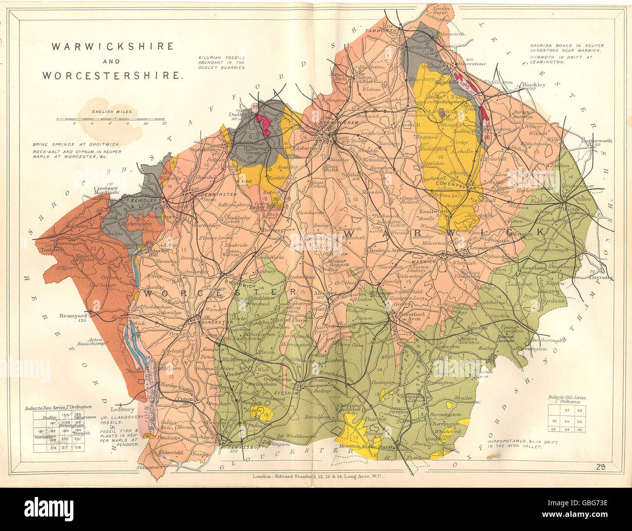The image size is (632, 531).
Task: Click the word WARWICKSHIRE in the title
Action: tap(113, 47)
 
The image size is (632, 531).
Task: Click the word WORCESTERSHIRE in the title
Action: tap(113, 75)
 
